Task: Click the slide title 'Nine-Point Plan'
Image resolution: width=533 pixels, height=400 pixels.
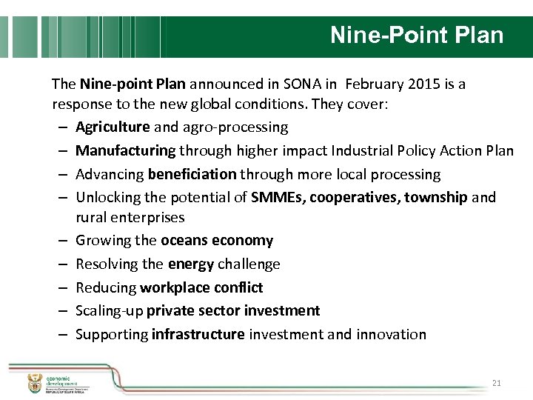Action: click(416, 36)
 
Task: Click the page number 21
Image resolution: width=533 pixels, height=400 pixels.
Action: click(497, 383)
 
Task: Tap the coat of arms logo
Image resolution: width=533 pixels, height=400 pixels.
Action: click(34, 383)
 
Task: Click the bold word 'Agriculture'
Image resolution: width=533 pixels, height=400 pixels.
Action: click(113, 127)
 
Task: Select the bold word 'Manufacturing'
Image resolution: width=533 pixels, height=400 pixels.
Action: click(126, 151)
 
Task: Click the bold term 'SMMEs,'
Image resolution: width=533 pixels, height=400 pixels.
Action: click(278, 198)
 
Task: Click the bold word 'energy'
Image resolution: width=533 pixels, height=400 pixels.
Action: click(192, 264)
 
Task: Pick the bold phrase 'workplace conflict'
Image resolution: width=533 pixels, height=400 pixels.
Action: click(201, 287)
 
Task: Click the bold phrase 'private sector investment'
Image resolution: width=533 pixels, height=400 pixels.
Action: click(233, 310)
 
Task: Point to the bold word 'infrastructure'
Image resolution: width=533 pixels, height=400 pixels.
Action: click(198, 334)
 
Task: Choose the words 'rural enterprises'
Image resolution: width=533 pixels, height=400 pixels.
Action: click(130, 218)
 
